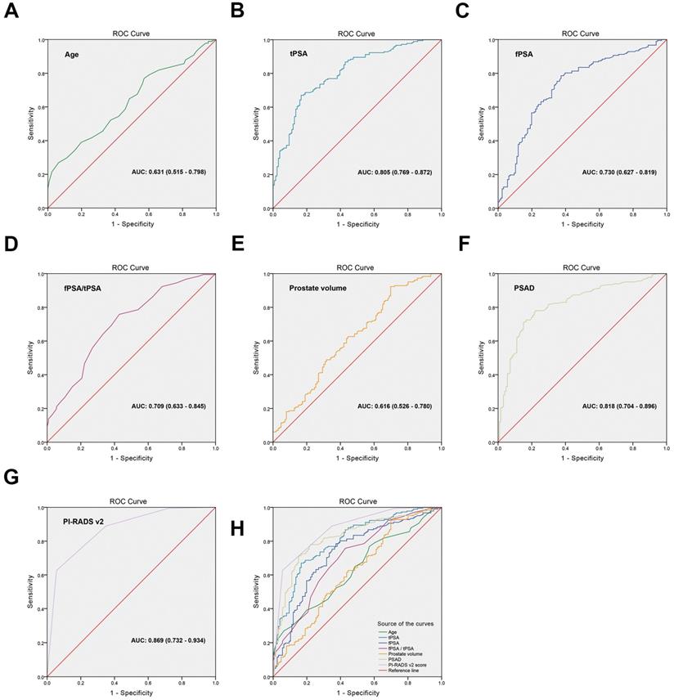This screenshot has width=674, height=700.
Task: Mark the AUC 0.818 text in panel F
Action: click(x=618, y=406)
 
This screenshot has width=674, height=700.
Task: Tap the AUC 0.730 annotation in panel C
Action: click(x=618, y=173)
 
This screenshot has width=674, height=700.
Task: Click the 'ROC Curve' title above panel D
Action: click(x=131, y=267)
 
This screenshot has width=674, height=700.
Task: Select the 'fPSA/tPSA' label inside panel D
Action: click(x=84, y=288)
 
